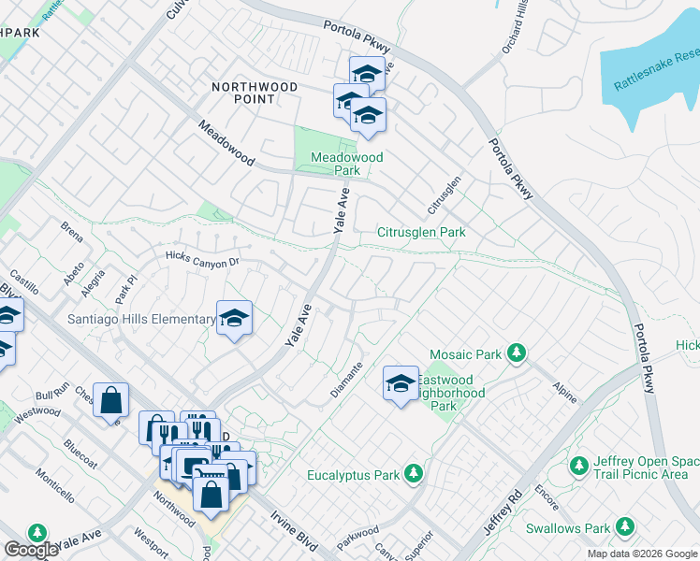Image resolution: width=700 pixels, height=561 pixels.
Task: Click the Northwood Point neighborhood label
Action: coord(255,93)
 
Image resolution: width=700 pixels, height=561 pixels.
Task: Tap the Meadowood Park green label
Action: coord(347,165)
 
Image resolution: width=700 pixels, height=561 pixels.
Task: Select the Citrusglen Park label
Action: coord(421,232)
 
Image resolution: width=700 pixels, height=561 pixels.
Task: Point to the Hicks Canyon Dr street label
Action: coord(203,258)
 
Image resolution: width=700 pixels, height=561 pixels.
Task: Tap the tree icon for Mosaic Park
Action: coord(515,353)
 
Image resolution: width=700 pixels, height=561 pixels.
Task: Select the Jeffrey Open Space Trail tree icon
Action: coord(578,466)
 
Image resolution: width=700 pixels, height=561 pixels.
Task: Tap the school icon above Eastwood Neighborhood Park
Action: coord(401,382)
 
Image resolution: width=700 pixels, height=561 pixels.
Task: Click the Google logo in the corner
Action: coord(31,550)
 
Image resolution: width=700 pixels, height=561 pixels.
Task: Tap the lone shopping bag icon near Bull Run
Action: coord(110,400)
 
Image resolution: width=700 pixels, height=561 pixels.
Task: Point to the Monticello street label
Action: coord(54,475)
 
